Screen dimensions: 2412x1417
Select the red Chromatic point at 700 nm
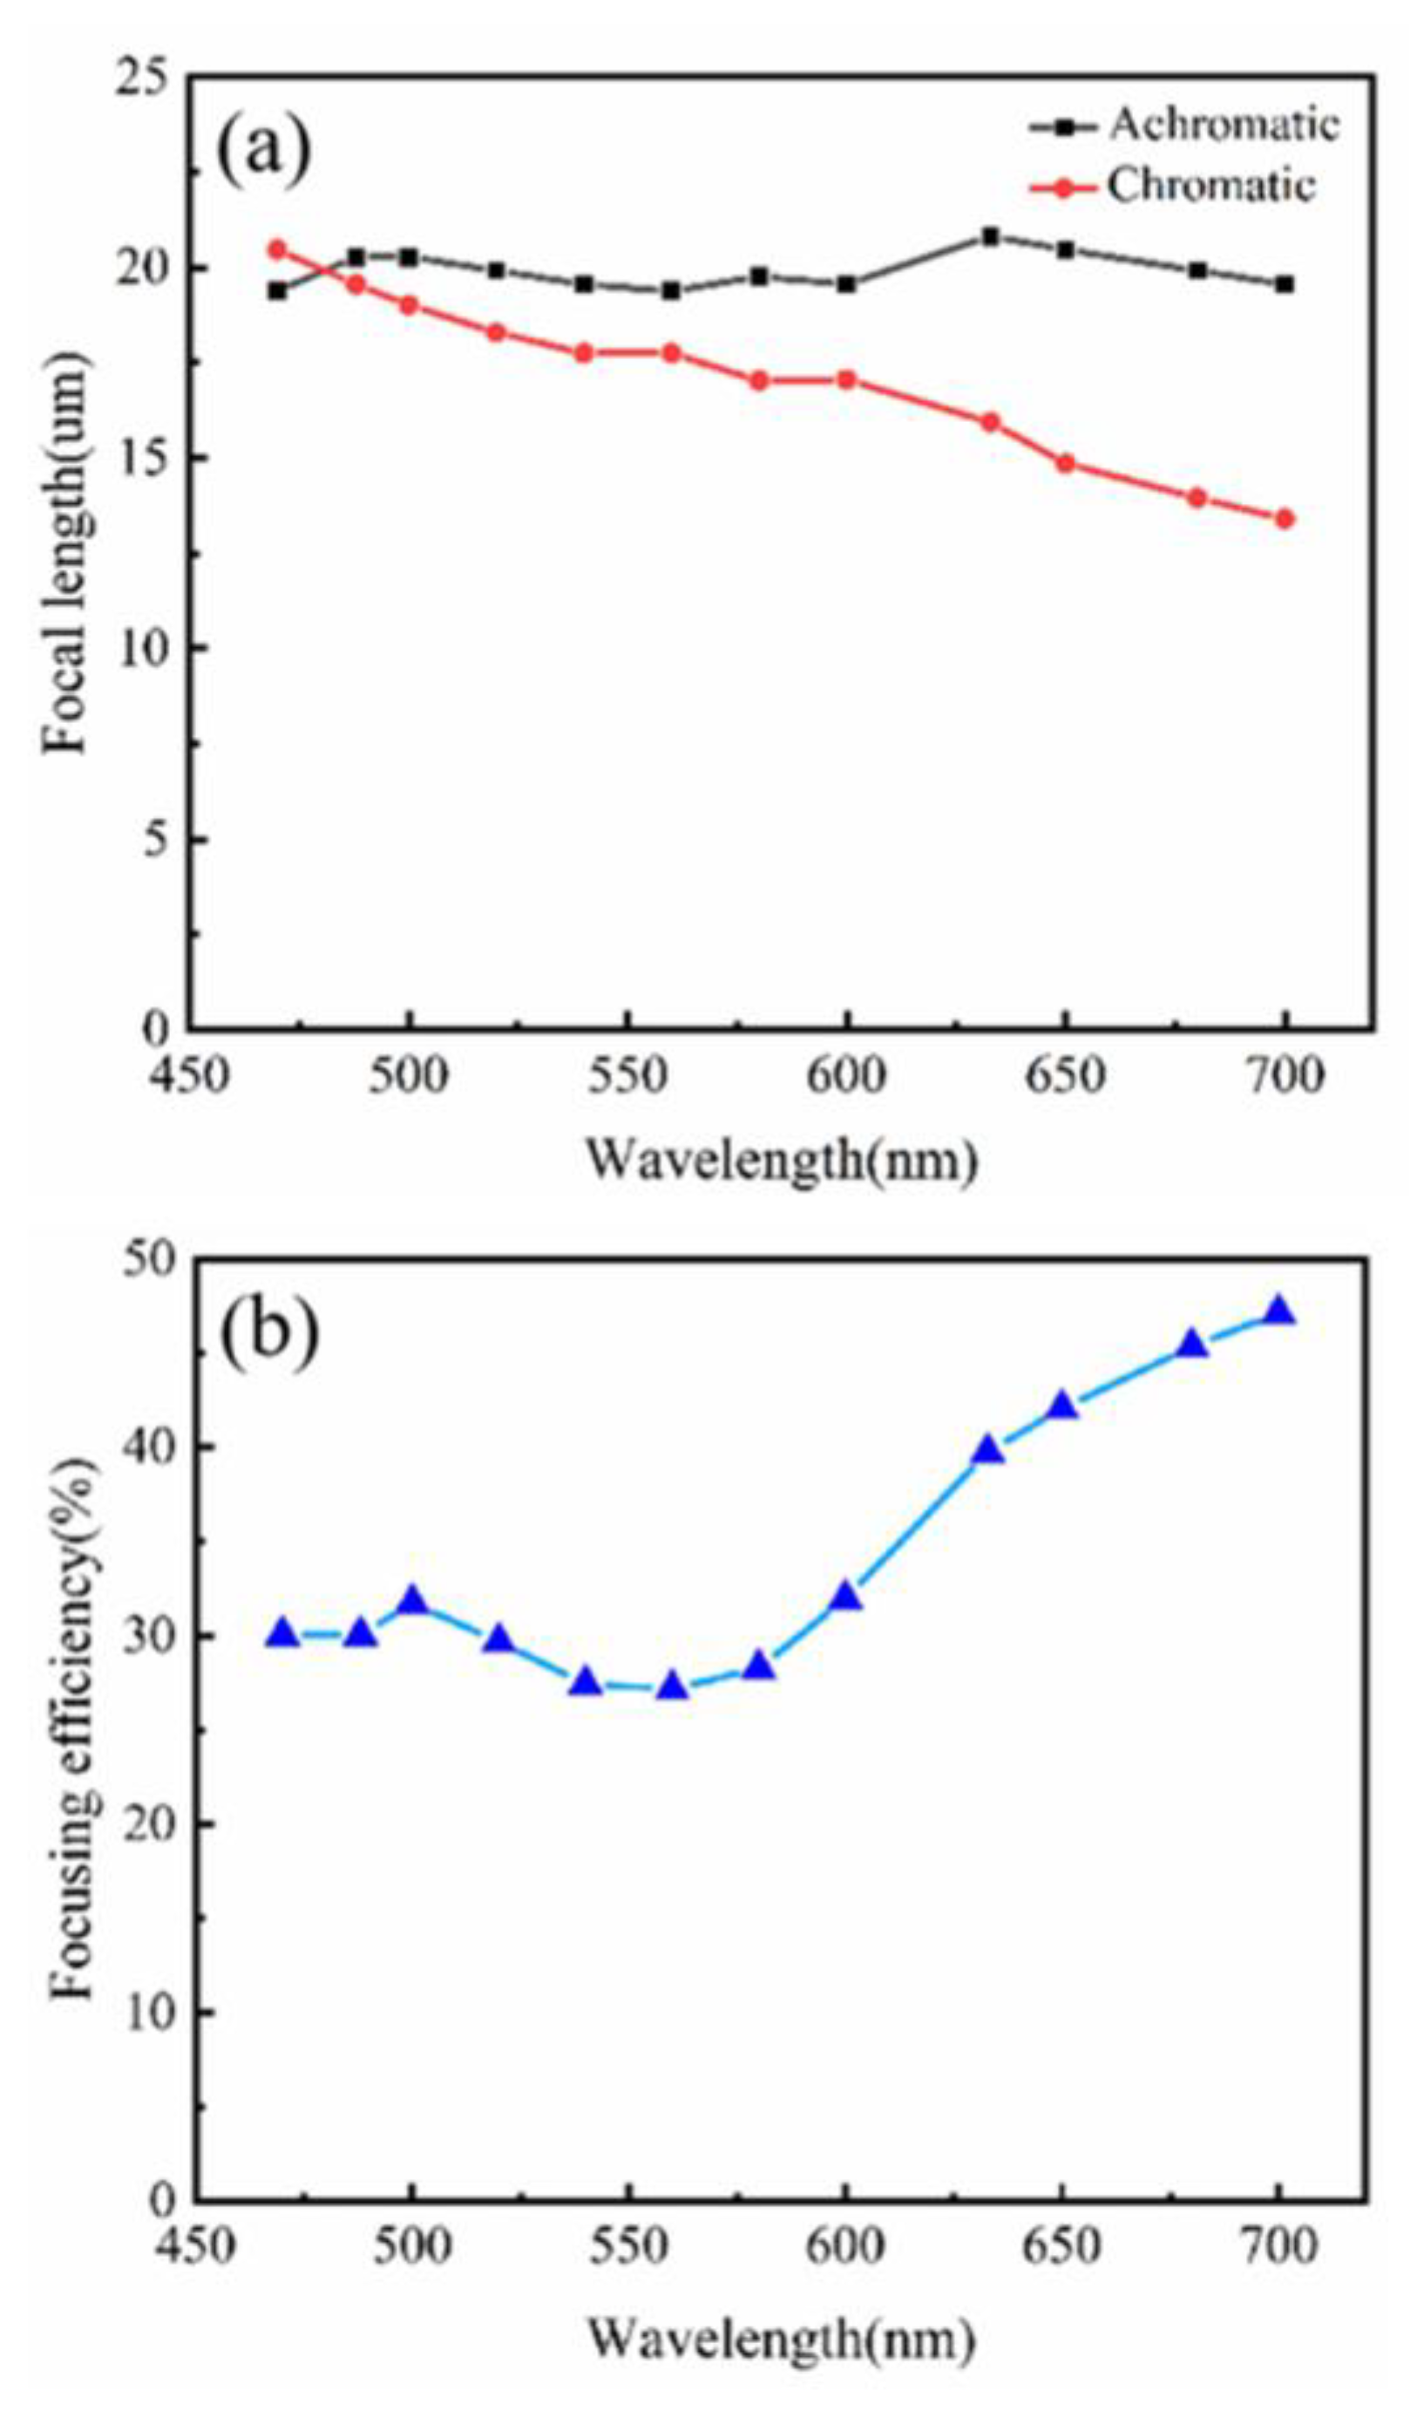tap(1284, 519)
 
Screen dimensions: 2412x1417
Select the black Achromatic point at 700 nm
tap(1284, 284)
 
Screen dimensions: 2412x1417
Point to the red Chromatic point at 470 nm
tap(277, 249)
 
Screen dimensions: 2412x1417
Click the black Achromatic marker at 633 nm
tap(990, 236)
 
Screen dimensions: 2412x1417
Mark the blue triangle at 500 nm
tap(412, 1600)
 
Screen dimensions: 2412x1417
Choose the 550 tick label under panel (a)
tap(626, 1076)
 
